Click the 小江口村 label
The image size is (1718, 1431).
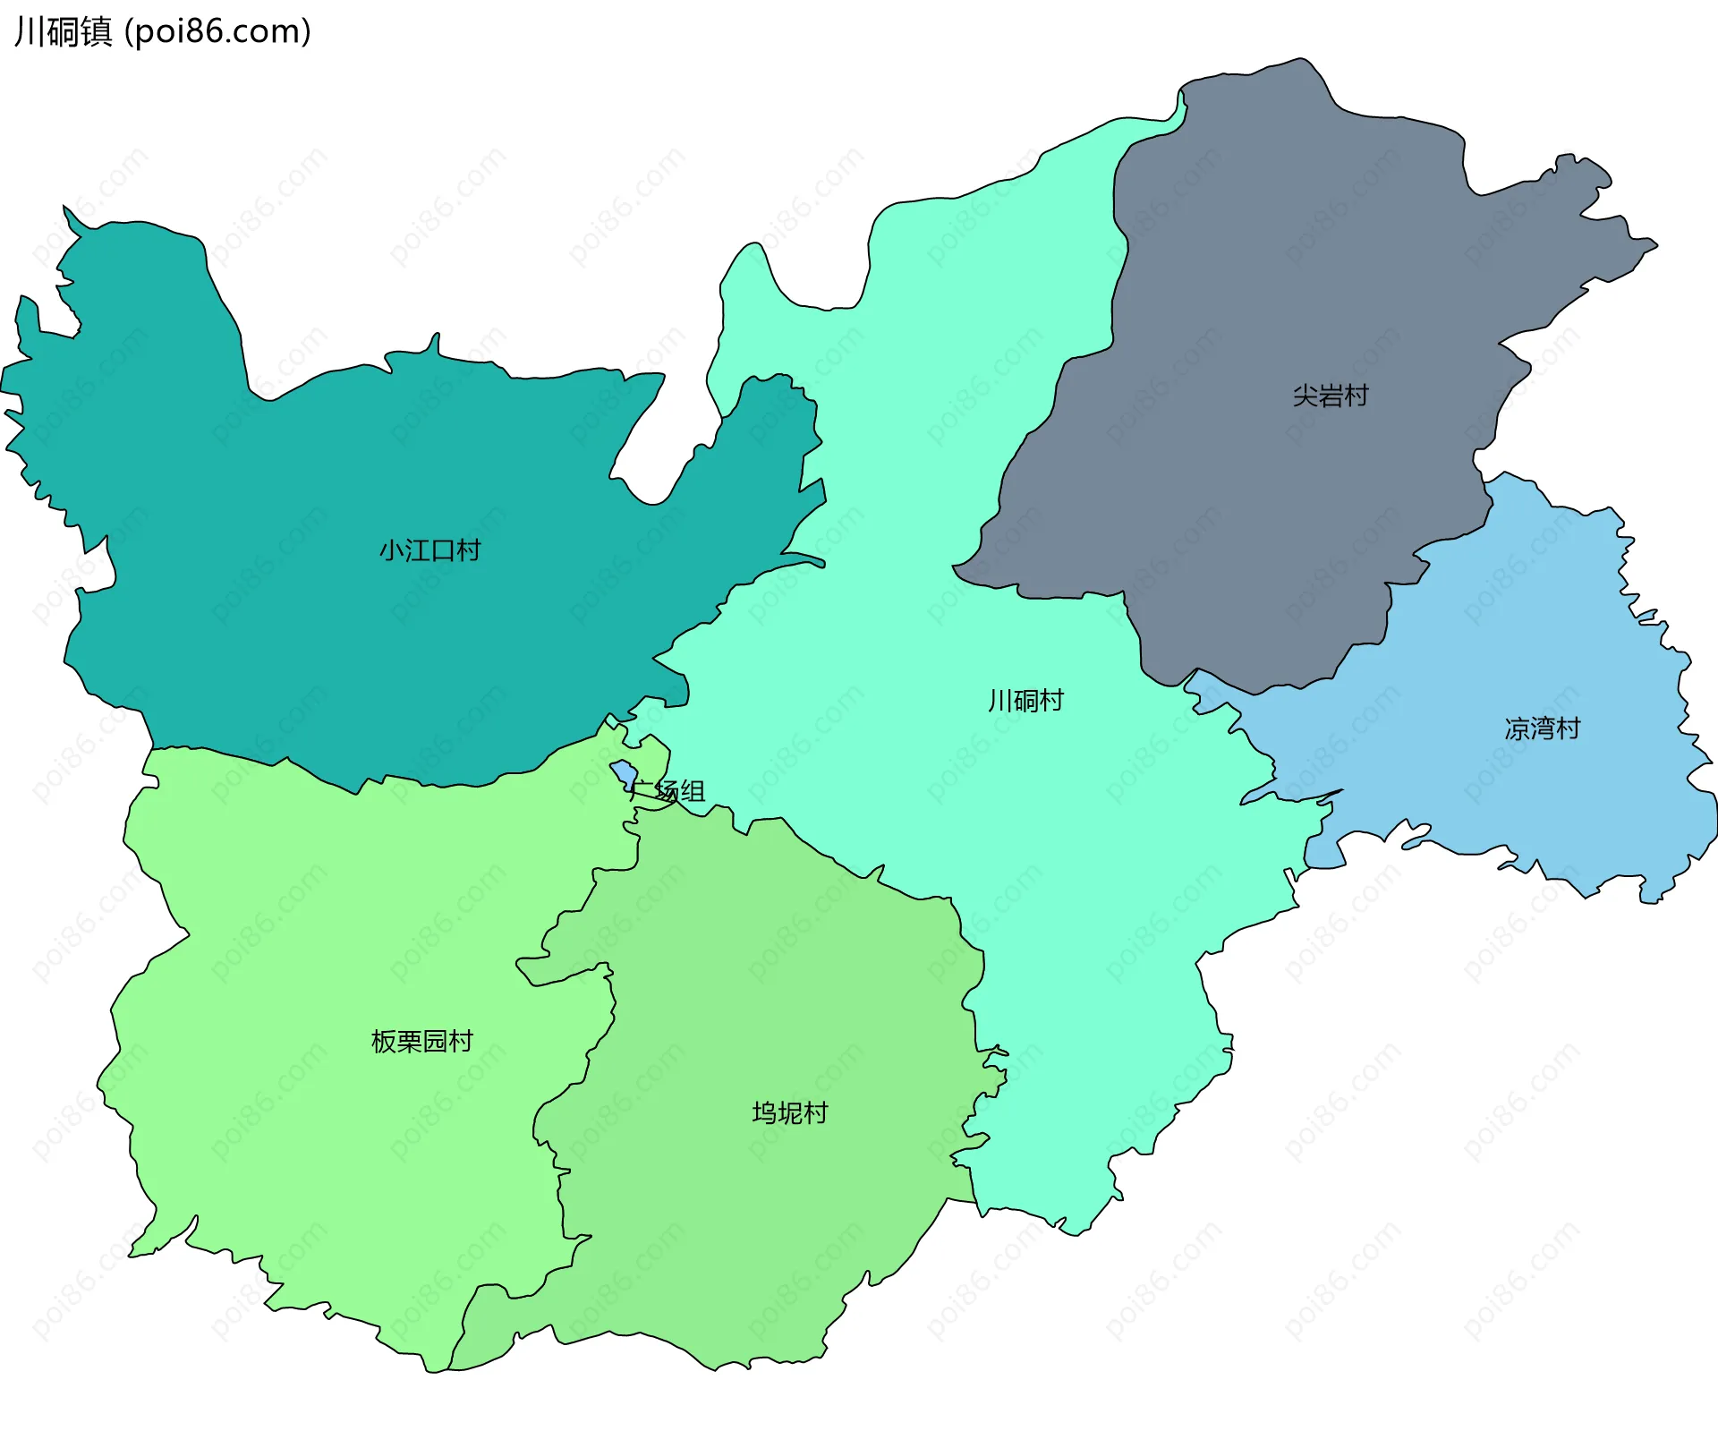pyautogui.click(x=429, y=549)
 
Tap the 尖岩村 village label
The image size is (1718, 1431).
pyautogui.click(x=1331, y=396)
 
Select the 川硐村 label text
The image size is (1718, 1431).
pyautogui.click(x=1025, y=700)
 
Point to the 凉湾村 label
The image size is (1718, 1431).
pyautogui.click(x=1542, y=728)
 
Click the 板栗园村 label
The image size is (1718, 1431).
pyautogui.click(x=421, y=1041)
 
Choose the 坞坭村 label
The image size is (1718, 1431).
pyautogui.click(x=790, y=1112)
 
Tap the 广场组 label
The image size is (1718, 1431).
pyautogui.click(x=668, y=791)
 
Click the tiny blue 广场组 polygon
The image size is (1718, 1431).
pyautogui.click(x=624, y=772)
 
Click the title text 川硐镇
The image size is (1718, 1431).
pyautogui.click(x=63, y=31)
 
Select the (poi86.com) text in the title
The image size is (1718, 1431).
pyautogui.click(x=217, y=31)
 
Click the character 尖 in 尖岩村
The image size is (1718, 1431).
pyautogui.click(x=1306, y=396)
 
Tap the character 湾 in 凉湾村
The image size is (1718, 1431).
pyautogui.click(x=1542, y=728)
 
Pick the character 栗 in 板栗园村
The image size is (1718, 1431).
pyautogui.click(x=409, y=1041)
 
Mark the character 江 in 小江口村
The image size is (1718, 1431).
pyautogui.click(x=417, y=549)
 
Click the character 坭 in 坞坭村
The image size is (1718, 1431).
pyautogui.click(x=790, y=1112)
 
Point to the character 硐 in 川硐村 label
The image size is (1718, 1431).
pyautogui.click(x=1025, y=700)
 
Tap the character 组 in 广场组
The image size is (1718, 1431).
pyautogui.click(x=693, y=791)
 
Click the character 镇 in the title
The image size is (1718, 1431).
pyautogui.click(x=96, y=31)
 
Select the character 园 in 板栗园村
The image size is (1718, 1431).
pyautogui.click(x=434, y=1041)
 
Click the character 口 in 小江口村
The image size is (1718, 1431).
pyautogui.click(x=442, y=549)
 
